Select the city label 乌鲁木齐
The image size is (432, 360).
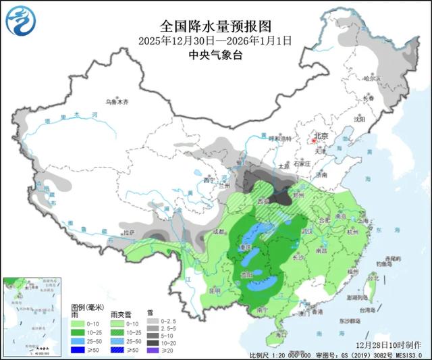[116, 102]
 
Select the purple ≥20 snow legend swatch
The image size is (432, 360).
[153, 350]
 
